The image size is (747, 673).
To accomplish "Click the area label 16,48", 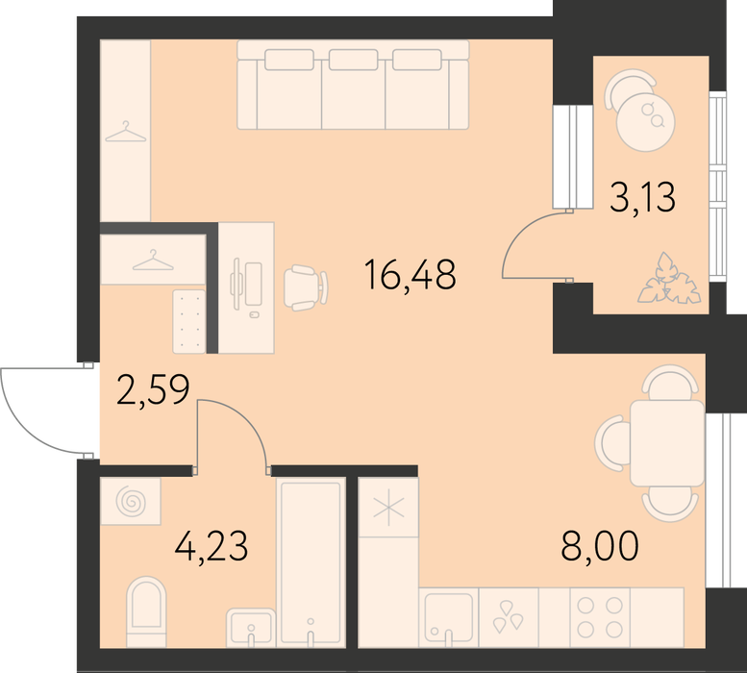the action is pyautogui.click(x=410, y=275).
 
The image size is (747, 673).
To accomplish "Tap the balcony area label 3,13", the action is pyautogui.click(x=642, y=198).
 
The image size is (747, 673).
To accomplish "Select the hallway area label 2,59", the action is pyautogui.click(x=153, y=390).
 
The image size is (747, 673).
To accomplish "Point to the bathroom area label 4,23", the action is pyautogui.click(x=212, y=547).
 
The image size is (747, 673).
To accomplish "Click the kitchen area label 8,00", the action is pyautogui.click(x=600, y=547).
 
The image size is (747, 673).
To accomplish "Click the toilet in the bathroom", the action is pyautogui.click(x=146, y=611).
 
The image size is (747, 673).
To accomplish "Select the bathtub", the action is pyautogui.click(x=311, y=563).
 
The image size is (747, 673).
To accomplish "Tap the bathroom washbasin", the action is pyautogui.click(x=251, y=627).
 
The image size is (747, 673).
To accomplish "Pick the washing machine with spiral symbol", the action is pyautogui.click(x=131, y=502).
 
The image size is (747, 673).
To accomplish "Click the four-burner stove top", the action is pyautogui.click(x=600, y=618).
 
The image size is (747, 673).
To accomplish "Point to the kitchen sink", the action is pyautogui.click(x=448, y=618).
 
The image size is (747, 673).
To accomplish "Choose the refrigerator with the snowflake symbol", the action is pyautogui.click(x=388, y=508).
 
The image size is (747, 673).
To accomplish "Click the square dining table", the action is pyautogui.click(x=667, y=443).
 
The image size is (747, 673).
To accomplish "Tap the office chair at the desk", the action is pyautogui.click(x=306, y=287).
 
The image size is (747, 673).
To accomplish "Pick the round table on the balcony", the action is pyautogui.click(x=645, y=122).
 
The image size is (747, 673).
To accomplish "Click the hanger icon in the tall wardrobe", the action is pyautogui.click(x=125, y=132).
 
